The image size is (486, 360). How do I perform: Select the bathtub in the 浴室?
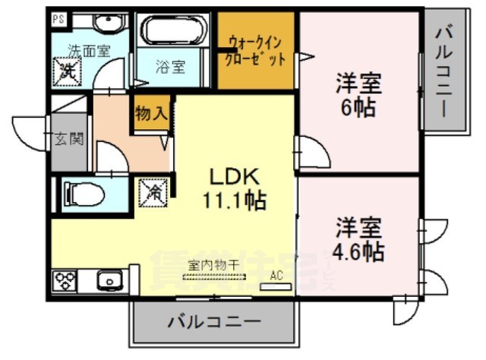point(174,32)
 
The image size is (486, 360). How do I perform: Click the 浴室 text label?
point(171,67)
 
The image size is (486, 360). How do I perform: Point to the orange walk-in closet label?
point(255,50)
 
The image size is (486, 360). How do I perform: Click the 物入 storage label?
point(150,114)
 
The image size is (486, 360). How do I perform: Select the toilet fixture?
point(84,194)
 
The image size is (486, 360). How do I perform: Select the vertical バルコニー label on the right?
point(444,69)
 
